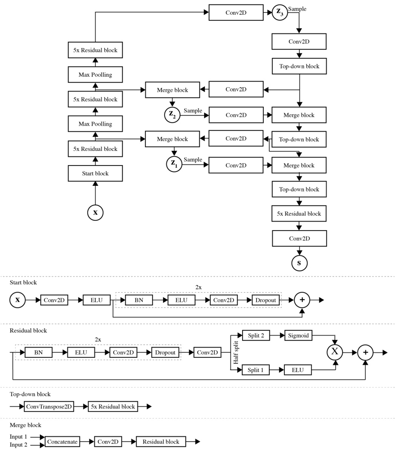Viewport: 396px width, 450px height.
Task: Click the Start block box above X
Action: [x=95, y=173]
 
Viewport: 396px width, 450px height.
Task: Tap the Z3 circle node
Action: [x=280, y=12]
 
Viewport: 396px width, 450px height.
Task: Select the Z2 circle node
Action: [x=172, y=115]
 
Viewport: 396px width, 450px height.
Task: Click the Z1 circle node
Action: [x=174, y=164]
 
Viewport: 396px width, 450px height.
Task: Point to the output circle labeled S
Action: [x=299, y=263]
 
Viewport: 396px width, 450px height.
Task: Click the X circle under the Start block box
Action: [x=95, y=213]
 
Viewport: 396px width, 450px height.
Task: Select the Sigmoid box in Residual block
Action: [x=298, y=335]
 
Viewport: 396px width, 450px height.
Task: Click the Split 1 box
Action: [x=256, y=370]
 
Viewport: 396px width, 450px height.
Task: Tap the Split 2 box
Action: [x=256, y=335]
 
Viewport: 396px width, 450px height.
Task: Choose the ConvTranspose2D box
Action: [x=49, y=406]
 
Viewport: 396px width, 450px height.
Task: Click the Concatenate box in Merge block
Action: [x=62, y=442]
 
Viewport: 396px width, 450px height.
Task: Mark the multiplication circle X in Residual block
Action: [x=335, y=353]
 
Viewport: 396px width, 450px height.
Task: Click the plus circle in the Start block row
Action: [x=302, y=300]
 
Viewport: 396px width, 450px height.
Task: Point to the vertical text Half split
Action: [x=236, y=353]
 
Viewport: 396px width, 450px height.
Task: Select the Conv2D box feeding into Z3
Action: [x=236, y=13]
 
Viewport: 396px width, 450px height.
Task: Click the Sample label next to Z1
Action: [x=193, y=160]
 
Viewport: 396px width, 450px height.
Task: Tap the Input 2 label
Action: [x=18, y=445]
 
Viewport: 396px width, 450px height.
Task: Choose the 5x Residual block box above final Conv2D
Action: [x=299, y=214]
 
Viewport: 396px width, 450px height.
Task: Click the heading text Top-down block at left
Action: [x=30, y=394]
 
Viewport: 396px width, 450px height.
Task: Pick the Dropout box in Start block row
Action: [x=266, y=300]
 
